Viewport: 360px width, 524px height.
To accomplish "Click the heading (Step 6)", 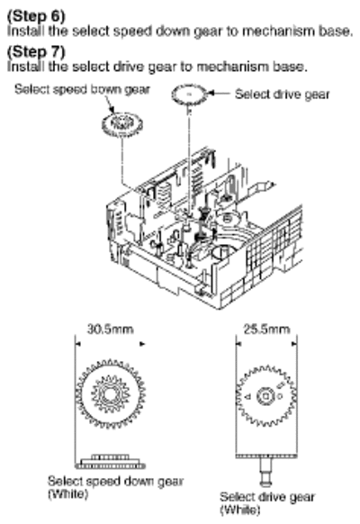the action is click(x=36, y=15).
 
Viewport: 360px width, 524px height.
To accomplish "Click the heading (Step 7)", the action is click(x=36, y=51).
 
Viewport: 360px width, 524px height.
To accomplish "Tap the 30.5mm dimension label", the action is click(x=110, y=330).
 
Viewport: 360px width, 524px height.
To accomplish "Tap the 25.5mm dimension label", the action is click(x=266, y=330).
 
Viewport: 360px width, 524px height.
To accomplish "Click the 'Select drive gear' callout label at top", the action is click(x=283, y=95).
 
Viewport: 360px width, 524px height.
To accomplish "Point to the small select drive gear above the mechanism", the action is click(x=189, y=95).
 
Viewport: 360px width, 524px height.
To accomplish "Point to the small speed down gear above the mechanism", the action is click(x=121, y=124).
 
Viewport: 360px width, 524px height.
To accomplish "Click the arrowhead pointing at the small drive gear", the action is click(x=211, y=94).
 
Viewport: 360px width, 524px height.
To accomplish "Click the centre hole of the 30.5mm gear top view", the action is click(x=109, y=394).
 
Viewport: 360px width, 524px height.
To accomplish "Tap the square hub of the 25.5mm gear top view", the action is click(x=265, y=396).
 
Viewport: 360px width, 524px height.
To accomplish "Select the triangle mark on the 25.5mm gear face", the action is click(x=248, y=397).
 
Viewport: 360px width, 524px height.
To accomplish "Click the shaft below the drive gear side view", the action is click(x=265, y=471).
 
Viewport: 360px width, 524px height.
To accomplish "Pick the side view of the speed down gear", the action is click(x=110, y=462).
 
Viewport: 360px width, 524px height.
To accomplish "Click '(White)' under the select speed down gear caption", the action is click(x=68, y=493).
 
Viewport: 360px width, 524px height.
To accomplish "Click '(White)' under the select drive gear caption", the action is click(x=239, y=510).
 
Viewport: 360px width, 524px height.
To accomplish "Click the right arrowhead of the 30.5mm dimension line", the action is click(x=142, y=344).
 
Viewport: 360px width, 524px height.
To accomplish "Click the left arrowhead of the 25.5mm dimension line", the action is click(x=238, y=344).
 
